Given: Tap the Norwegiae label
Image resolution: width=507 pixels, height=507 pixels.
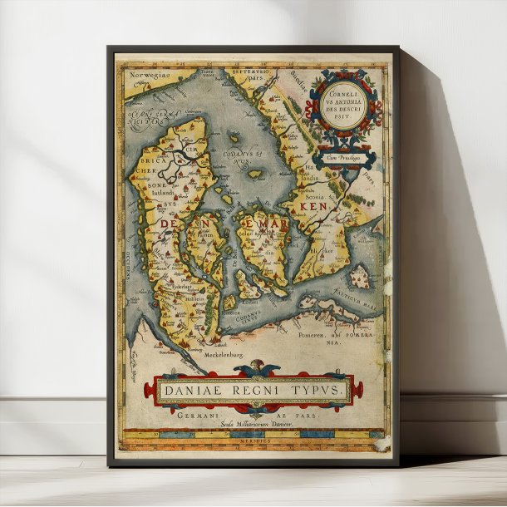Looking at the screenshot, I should coord(150,75).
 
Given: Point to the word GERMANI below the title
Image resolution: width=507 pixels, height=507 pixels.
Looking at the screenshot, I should coord(197,412).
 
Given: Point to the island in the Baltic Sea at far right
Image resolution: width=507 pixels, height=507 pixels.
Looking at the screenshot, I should coord(360,275).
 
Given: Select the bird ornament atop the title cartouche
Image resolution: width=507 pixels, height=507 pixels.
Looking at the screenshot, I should coord(252,371).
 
